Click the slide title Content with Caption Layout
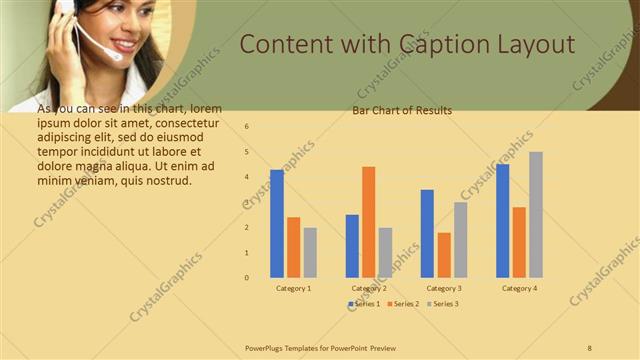(408, 45)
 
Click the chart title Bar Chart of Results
(402, 110)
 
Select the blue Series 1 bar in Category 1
(277, 223)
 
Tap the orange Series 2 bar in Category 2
(369, 222)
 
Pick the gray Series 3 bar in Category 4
(536, 214)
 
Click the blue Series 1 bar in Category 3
(427, 233)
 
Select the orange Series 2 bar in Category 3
(444, 255)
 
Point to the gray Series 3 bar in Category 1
(310, 252)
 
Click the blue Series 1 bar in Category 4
(502, 220)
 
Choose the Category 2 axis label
(369, 288)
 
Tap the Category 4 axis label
(519, 288)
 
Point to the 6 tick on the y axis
(247, 127)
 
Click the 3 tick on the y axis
(247, 202)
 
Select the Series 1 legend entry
(364, 303)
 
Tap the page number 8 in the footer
(589, 346)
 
